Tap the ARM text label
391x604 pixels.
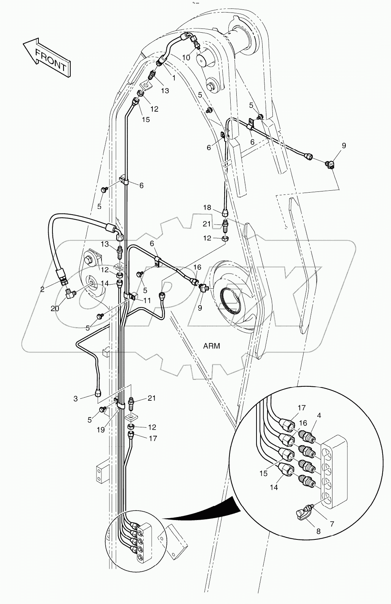pyautogui.click(x=212, y=346)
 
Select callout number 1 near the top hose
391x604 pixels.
pyautogui.click(x=174, y=78)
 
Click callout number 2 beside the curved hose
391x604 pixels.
pyautogui.click(x=42, y=289)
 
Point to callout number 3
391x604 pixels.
pyautogui.click(x=76, y=398)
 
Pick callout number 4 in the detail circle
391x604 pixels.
pyautogui.click(x=319, y=416)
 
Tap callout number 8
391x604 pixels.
pyautogui.click(x=318, y=531)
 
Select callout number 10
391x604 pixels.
pyautogui.click(x=186, y=57)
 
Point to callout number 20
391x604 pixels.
pyautogui.click(x=55, y=308)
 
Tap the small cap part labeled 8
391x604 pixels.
pyautogui.click(x=303, y=513)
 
